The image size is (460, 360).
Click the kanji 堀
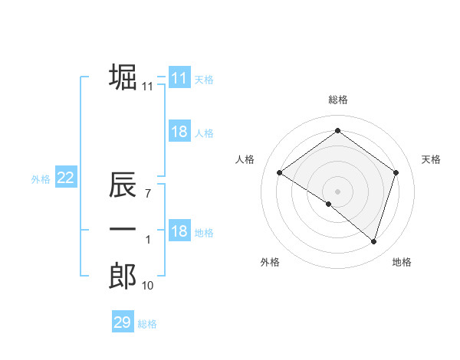pos(123,77)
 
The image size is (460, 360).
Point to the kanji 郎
pos(123,276)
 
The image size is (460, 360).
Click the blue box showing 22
pos(65,178)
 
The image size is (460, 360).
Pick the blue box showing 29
pos(122,322)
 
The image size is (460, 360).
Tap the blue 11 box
pos(179,78)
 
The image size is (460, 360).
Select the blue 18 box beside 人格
pos(179,132)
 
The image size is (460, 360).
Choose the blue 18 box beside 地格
pos(179,232)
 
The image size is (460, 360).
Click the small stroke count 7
pos(147,195)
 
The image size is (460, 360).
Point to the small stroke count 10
pos(147,286)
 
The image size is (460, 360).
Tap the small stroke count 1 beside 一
pos(148,240)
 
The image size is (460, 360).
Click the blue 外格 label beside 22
pos(41,179)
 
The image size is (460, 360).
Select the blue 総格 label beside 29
pos(147,324)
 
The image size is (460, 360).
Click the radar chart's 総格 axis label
pos(337,100)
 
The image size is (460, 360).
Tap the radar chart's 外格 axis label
pos(270,262)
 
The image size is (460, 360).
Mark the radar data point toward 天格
pos(396,172)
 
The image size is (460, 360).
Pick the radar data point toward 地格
pos(373,241)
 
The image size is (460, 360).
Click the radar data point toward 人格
pos(279,172)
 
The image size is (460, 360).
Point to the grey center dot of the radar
pos(337,191)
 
